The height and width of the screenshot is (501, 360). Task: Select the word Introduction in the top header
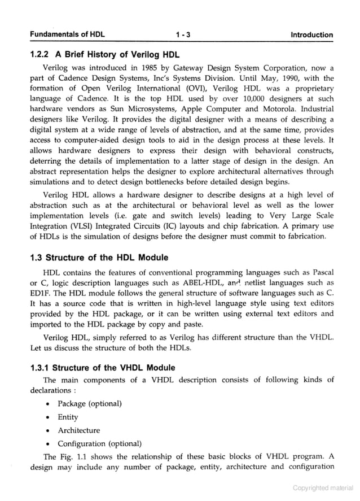click(x=311, y=35)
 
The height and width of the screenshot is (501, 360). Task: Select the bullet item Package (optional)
click(x=90, y=403)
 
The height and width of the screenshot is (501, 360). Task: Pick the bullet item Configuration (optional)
click(x=99, y=443)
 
